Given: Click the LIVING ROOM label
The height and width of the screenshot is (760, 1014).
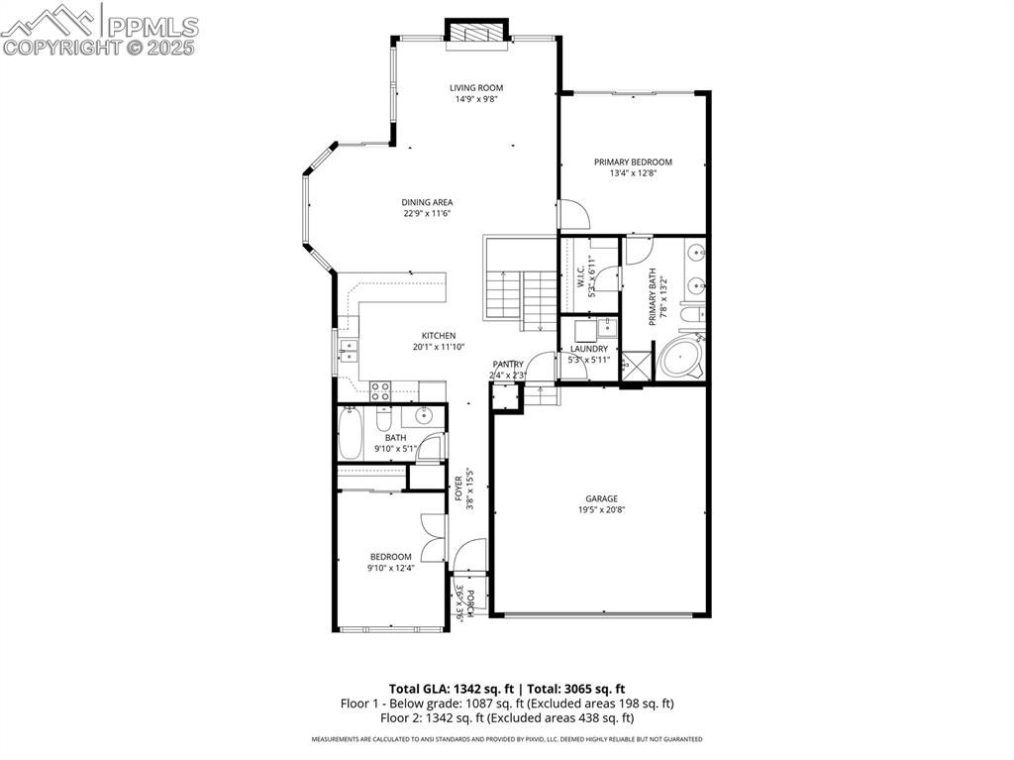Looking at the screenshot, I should [x=476, y=87].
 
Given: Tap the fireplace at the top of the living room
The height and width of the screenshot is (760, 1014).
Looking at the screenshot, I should [x=476, y=34].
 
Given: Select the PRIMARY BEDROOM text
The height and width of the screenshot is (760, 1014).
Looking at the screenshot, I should [x=633, y=162].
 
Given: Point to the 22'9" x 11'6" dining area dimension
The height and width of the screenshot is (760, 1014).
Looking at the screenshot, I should [x=428, y=213].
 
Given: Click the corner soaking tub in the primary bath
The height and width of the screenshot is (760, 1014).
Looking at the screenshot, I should [x=680, y=358].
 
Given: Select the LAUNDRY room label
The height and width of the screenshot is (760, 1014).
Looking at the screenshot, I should [x=588, y=349].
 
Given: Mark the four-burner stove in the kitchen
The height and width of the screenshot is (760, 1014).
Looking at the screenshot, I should [x=380, y=390].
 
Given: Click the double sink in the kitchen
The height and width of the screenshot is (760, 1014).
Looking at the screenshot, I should [x=348, y=351].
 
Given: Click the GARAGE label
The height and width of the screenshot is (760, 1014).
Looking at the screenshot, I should [x=601, y=498].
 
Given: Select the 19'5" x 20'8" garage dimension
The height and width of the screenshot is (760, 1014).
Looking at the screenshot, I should [x=601, y=510].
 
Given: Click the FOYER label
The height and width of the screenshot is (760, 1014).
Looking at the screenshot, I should [x=458, y=489].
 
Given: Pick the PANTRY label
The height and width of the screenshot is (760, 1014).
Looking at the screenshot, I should [x=508, y=365].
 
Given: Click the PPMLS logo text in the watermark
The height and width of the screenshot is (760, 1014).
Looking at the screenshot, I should [x=152, y=26].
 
